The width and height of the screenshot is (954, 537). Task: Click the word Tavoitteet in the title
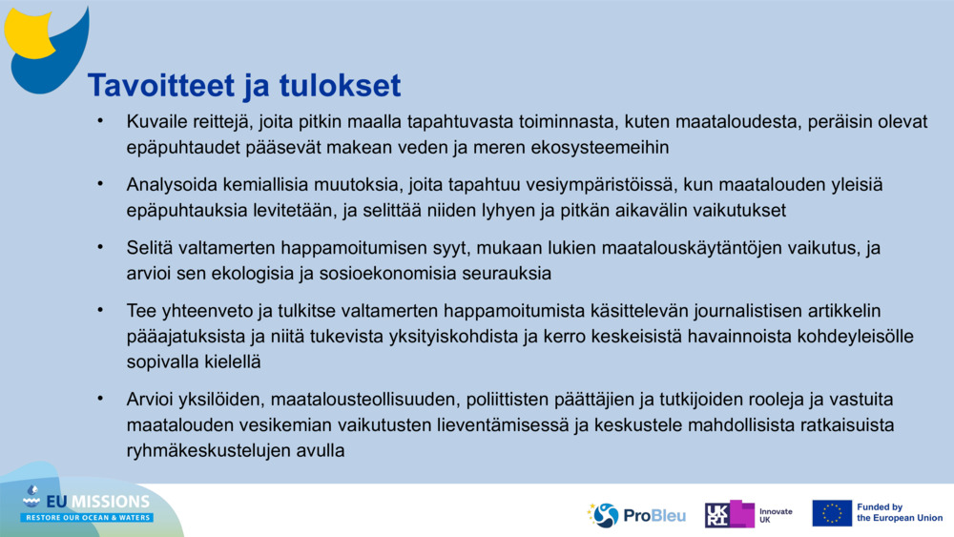(x=158, y=86)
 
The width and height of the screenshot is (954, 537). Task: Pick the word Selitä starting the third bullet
(x=150, y=248)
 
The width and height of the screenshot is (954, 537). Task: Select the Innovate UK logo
(x=749, y=515)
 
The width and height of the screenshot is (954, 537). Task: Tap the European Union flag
(x=831, y=513)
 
